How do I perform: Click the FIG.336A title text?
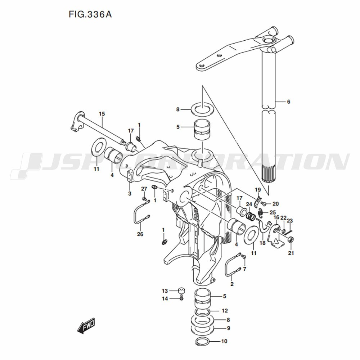pos(90,14)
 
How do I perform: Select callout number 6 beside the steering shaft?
pos(289,102)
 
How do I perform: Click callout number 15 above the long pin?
pos(102,114)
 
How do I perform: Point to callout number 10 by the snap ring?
pos(224,341)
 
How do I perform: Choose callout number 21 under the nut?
pos(291,253)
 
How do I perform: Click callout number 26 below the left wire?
pos(140,234)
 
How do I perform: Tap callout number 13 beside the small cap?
pos(165,291)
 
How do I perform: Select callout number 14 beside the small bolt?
pos(165,299)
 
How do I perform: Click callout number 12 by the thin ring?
pos(225,311)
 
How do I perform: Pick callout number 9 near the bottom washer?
pos(229,328)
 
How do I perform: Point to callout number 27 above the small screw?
pos(144,189)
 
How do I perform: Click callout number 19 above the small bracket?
pos(258,190)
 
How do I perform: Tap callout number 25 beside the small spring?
pos(273,212)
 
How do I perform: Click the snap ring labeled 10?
pos(203,342)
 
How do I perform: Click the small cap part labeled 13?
pos(181,291)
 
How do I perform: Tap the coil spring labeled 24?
pos(251,216)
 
